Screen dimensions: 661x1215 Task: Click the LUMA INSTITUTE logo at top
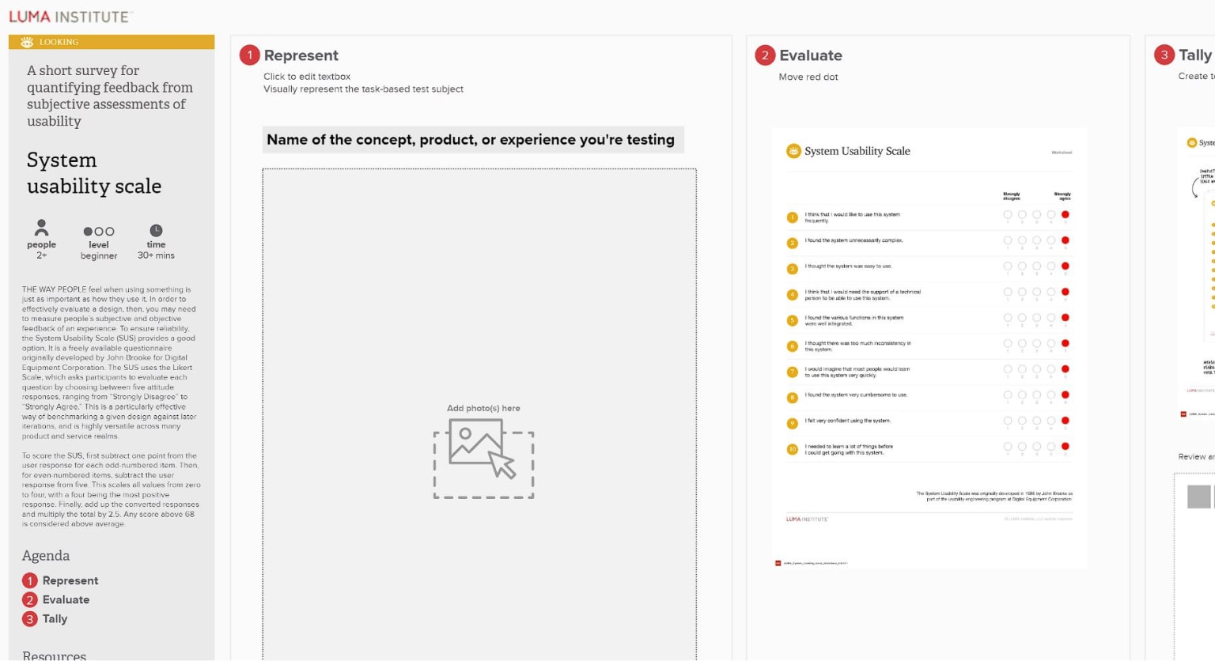[70, 17]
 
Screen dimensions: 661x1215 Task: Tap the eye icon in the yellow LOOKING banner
[27, 42]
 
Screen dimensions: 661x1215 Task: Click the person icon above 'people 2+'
[42, 229]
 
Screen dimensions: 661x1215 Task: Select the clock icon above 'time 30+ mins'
[157, 230]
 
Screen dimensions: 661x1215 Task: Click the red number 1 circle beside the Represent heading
[250, 55]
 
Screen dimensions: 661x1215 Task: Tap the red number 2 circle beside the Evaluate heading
[765, 55]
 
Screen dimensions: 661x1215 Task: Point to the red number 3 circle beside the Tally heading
[1164, 55]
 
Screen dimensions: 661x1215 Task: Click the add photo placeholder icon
[483, 458]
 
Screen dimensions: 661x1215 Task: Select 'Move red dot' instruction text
[808, 77]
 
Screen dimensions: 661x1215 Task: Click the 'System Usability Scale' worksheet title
[857, 151]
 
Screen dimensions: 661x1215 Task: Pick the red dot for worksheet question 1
[1065, 214]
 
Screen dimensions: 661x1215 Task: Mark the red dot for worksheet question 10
[1065, 447]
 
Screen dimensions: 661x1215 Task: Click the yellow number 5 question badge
[792, 320]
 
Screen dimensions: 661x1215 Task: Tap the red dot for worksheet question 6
[1065, 343]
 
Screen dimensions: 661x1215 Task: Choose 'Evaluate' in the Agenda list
[66, 600]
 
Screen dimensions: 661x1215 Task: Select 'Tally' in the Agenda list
[55, 619]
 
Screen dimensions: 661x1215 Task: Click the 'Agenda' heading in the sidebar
[46, 556]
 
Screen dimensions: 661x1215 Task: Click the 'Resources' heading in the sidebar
[55, 655]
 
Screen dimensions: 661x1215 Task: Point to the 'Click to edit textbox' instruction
[307, 77]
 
